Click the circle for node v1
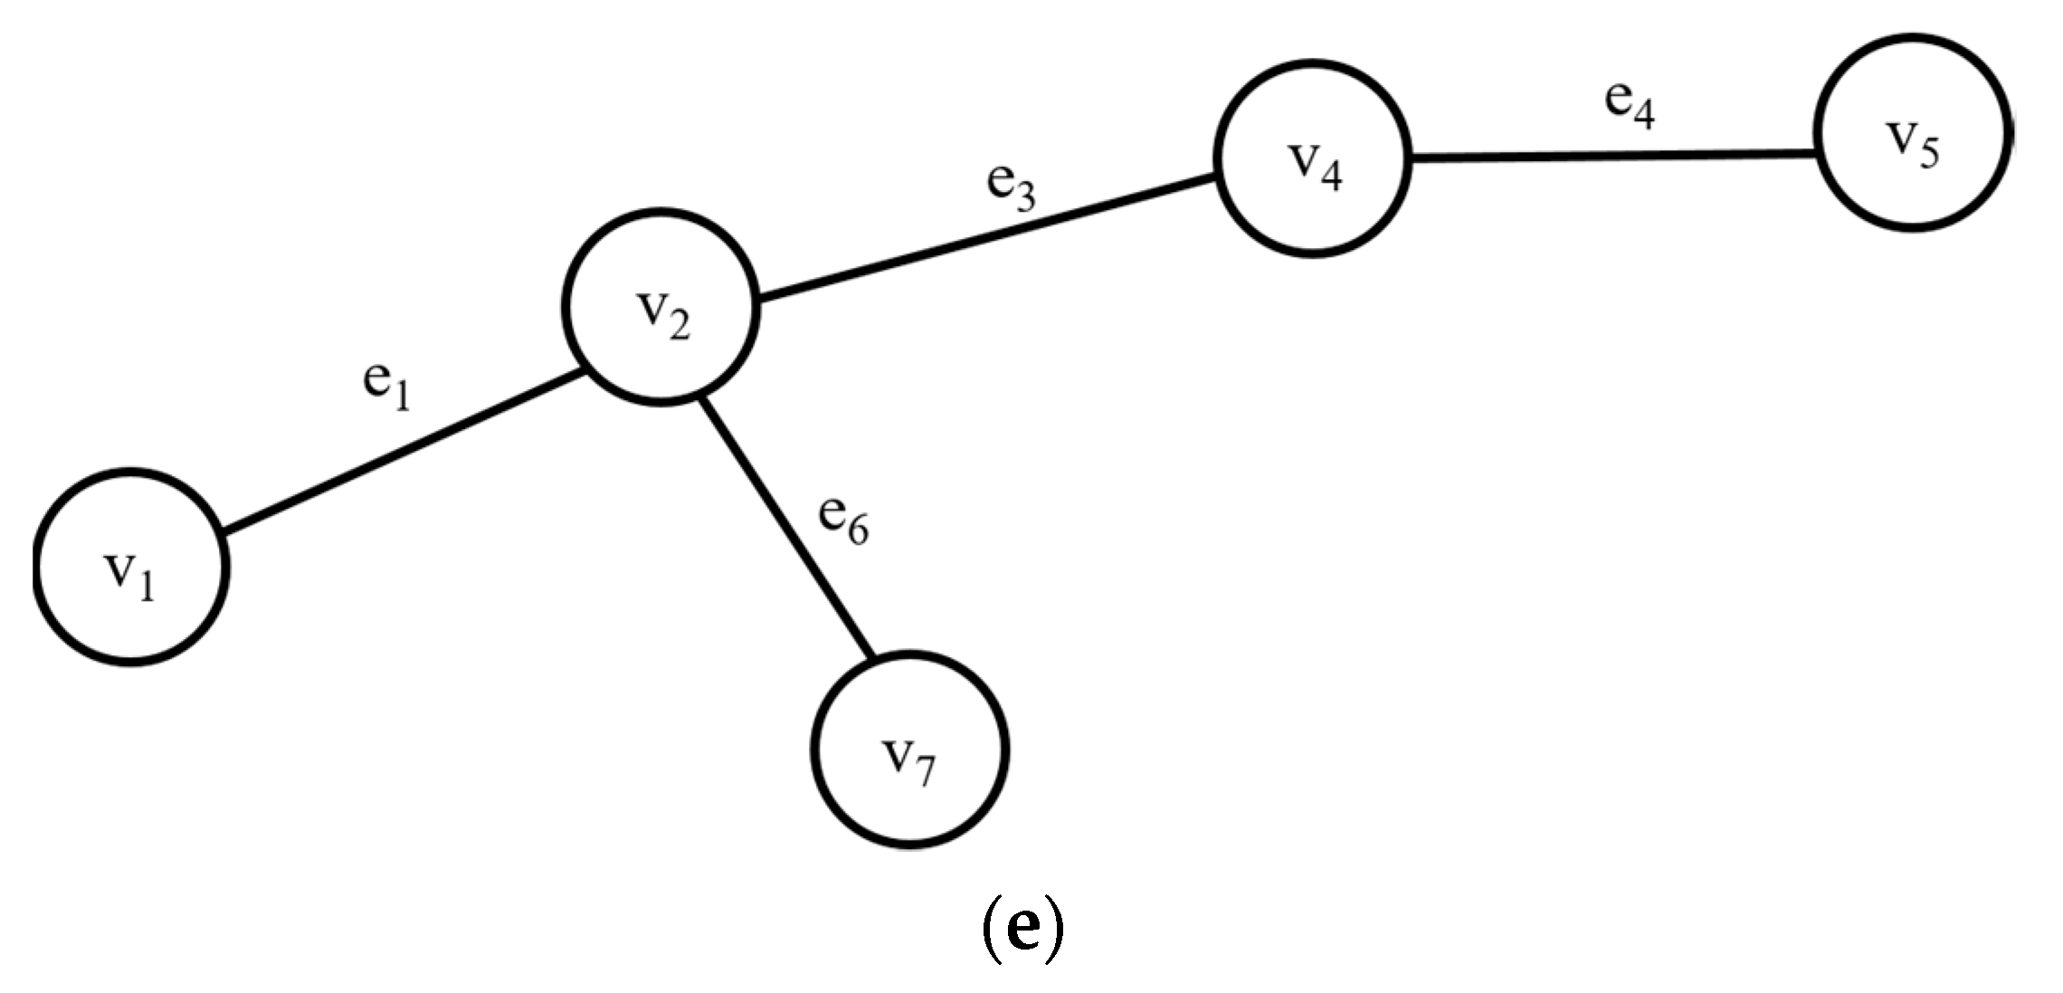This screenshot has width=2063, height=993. coord(131,568)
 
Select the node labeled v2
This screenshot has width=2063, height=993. coord(661,308)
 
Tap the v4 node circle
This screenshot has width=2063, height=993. coord(1313,159)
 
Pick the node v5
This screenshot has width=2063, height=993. coord(1912,133)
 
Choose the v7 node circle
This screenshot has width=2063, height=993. coord(909,750)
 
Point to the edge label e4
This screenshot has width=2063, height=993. coord(1630,103)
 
